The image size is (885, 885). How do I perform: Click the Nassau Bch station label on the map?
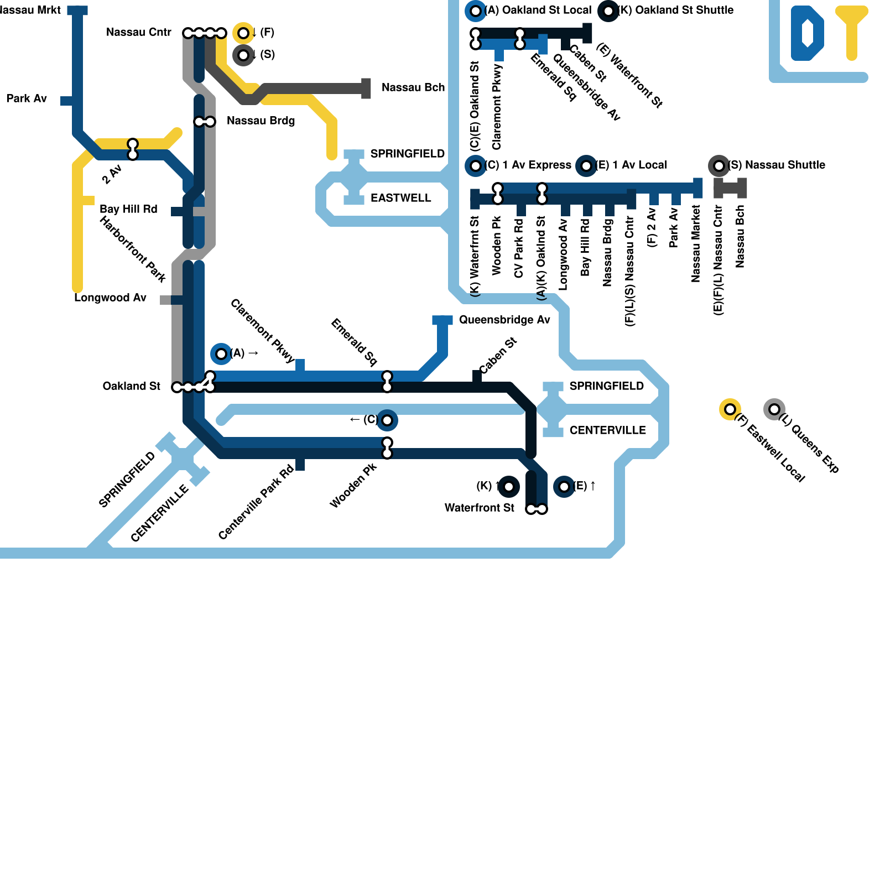pyautogui.click(x=413, y=87)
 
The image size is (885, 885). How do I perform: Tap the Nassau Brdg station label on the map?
pyautogui.click(x=261, y=121)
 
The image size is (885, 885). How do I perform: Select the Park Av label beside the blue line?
pyautogui.click(x=27, y=98)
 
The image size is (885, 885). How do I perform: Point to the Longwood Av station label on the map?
pyautogui.click(x=110, y=298)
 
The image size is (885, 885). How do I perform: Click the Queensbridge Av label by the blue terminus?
pyautogui.click(x=504, y=320)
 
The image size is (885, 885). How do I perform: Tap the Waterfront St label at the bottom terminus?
pyautogui.click(x=479, y=508)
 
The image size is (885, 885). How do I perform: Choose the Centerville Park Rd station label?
pyautogui.click(x=256, y=502)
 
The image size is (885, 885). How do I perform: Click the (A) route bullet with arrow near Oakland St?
pyautogui.click(x=221, y=353)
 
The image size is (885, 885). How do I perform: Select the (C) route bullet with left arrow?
pyautogui.click(x=387, y=420)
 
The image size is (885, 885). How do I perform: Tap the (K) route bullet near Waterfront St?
pyautogui.click(x=508, y=487)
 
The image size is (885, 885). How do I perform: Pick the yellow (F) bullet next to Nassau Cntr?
pyautogui.click(x=243, y=33)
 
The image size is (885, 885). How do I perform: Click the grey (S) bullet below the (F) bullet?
pyautogui.click(x=243, y=55)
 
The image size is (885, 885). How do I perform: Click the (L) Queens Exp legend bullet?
pyautogui.click(x=774, y=409)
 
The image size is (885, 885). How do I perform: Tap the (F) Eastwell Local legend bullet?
pyautogui.click(x=730, y=409)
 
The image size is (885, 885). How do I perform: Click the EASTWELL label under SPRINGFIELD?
pyautogui.click(x=400, y=198)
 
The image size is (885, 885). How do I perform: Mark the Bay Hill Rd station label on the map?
pyautogui.click(x=128, y=209)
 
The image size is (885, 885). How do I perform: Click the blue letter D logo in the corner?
pyautogui.click(x=807, y=33)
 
